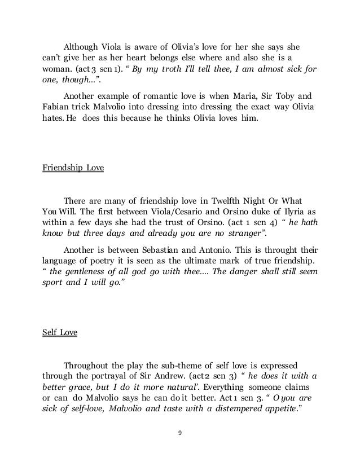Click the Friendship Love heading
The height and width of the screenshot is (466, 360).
point(73,168)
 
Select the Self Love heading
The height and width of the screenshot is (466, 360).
point(60,332)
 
